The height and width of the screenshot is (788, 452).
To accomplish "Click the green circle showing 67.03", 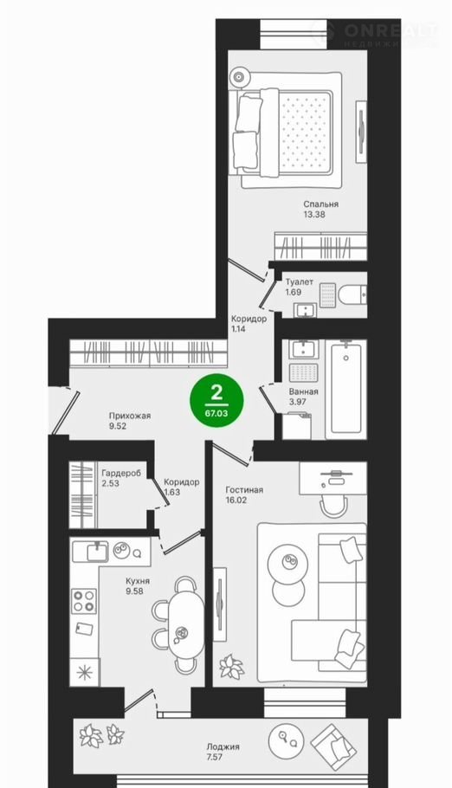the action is [x=216, y=400].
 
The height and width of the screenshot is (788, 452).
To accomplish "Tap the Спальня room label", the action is [x=320, y=204].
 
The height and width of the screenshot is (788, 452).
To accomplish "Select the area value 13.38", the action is [x=313, y=215].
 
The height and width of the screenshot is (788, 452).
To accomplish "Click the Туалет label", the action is [x=299, y=282].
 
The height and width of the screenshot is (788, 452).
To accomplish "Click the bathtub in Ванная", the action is [x=345, y=389].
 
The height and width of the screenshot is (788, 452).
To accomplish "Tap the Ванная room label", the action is [x=303, y=391].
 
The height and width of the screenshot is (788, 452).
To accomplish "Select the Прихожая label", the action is [x=130, y=416].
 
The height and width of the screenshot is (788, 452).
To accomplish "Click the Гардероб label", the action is [x=121, y=473].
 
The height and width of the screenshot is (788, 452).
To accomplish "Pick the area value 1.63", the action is [x=171, y=492].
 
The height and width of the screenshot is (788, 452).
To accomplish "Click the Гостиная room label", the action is [x=244, y=490].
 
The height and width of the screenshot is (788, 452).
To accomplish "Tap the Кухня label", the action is [x=138, y=581].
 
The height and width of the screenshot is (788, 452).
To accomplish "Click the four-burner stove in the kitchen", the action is [x=83, y=601].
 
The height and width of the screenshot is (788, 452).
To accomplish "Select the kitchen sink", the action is [x=90, y=552].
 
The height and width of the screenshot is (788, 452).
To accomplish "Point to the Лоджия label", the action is [x=223, y=746].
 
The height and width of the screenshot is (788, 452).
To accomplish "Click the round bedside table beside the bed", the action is [x=239, y=77].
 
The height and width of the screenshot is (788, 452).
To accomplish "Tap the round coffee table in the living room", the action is [x=287, y=560].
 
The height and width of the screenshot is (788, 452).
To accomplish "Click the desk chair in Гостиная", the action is [x=334, y=507].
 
